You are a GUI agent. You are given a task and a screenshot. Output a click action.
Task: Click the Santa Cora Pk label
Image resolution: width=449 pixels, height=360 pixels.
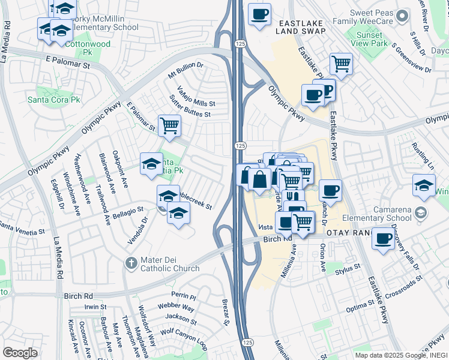tap(54, 99)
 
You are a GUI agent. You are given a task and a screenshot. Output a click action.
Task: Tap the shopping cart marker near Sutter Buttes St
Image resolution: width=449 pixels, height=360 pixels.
tap(170, 125)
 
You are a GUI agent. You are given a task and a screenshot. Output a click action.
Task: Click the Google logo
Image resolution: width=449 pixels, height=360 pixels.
tap(20, 352)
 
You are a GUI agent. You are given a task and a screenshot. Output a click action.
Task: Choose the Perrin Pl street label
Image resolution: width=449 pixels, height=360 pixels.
tap(184, 296)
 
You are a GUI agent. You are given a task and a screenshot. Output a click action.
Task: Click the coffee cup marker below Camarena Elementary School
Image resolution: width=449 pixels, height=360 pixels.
tap(383, 238)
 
